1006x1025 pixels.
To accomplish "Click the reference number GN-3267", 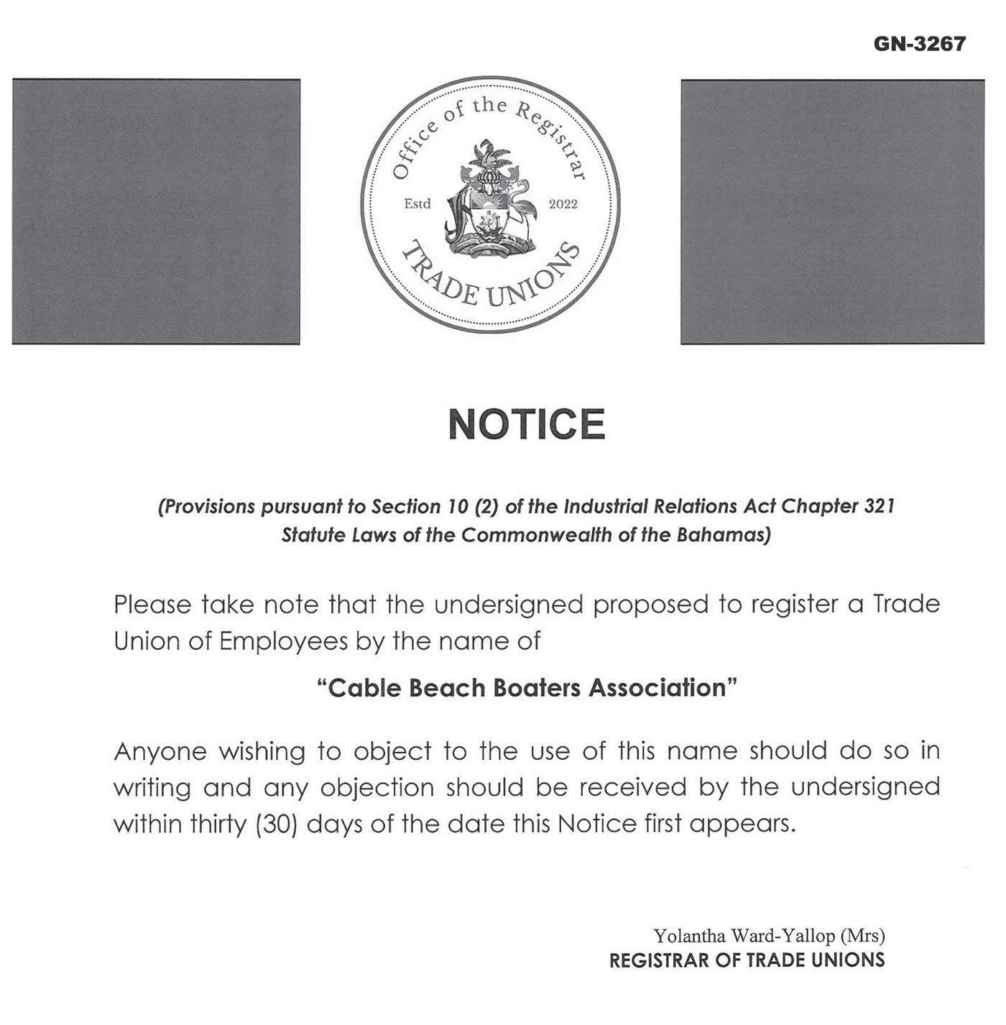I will (x=919, y=44).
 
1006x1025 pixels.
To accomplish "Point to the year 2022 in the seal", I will (x=563, y=204).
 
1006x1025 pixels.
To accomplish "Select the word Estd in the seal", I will (x=417, y=204).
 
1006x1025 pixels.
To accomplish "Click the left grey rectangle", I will (x=156, y=211).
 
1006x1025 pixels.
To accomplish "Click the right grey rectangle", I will (x=832, y=211).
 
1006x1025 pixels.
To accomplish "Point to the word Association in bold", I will (x=657, y=688).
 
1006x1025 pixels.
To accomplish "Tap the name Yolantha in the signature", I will (x=689, y=936).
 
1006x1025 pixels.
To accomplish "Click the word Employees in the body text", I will (x=284, y=641).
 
